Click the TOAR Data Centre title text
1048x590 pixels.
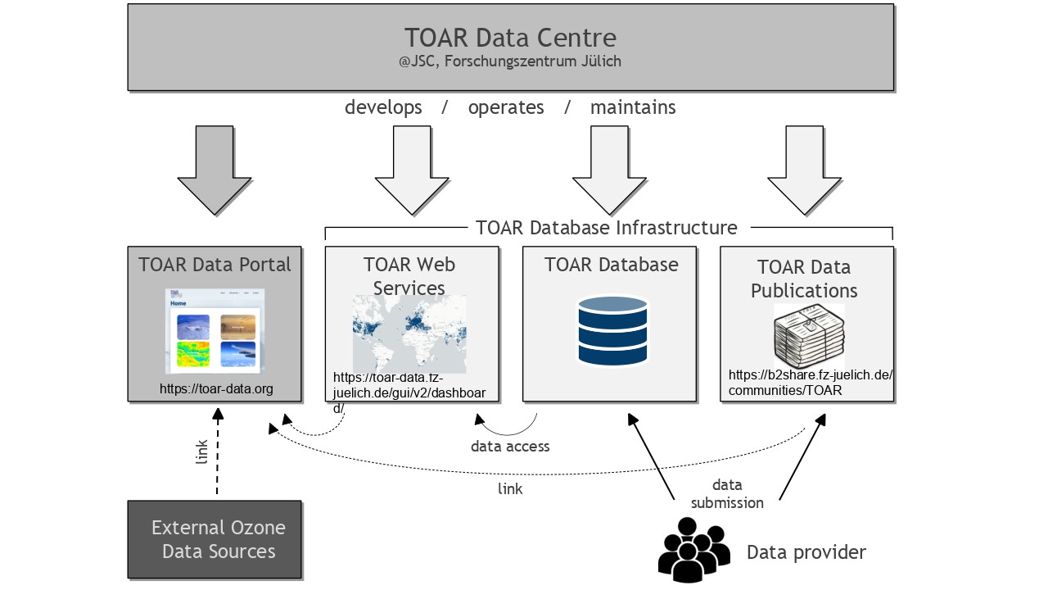pyautogui.click(x=510, y=38)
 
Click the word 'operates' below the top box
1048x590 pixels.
pyautogui.click(x=506, y=107)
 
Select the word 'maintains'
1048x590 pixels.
pyautogui.click(x=633, y=107)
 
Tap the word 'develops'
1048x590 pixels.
pyautogui.click(x=383, y=107)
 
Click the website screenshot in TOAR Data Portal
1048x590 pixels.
pyautogui.click(x=215, y=332)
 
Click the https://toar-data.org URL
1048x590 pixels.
pyautogui.click(x=216, y=388)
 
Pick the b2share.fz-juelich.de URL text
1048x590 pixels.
pyautogui.click(x=810, y=383)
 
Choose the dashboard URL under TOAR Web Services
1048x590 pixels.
pyautogui.click(x=409, y=393)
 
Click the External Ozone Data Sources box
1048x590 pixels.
pyautogui.click(x=215, y=539)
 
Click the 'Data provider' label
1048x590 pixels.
pyautogui.click(x=806, y=552)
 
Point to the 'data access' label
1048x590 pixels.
pyautogui.click(x=510, y=447)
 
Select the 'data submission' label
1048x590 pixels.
pyautogui.click(x=727, y=494)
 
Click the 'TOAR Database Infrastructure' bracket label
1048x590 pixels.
pyautogui.click(x=606, y=227)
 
